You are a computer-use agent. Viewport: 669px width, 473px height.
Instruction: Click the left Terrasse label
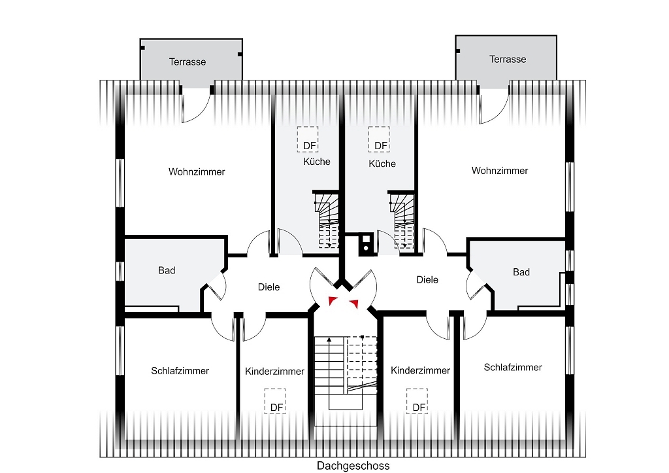(x=188, y=62)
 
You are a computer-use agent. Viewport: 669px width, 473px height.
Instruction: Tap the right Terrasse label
(x=507, y=60)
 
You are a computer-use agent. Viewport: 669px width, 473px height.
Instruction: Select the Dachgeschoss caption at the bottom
(x=353, y=466)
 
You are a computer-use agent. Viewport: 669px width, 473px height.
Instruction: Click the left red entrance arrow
(x=333, y=301)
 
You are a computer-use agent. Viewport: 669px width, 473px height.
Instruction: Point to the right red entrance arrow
(x=354, y=304)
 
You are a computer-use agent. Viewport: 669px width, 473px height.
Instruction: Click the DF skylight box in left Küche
(x=308, y=139)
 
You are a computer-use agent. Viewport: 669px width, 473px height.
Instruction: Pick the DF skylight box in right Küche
(x=380, y=139)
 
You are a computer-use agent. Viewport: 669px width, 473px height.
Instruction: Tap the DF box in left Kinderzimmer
(x=275, y=401)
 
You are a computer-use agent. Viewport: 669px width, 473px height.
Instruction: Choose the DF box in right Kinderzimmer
(x=417, y=401)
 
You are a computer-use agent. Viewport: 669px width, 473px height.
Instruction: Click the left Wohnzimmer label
(x=197, y=172)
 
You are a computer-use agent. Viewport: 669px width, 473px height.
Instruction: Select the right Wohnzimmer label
(x=500, y=171)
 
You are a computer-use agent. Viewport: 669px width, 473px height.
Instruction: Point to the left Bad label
(x=167, y=270)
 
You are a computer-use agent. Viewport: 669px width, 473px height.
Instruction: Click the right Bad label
(x=521, y=272)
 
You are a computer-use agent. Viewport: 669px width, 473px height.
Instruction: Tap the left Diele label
(x=269, y=287)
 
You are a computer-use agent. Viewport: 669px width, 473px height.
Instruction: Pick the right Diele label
(x=427, y=280)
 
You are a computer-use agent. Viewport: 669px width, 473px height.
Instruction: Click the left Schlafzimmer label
(x=180, y=371)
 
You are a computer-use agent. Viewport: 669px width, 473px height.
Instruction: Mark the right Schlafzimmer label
(x=513, y=368)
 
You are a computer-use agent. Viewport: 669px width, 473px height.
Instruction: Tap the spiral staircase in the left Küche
(x=327, y=220)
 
